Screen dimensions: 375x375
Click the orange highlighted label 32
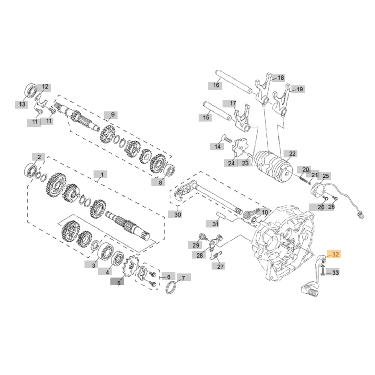[x=335, y=255]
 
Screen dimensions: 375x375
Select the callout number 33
[x=335, y=273]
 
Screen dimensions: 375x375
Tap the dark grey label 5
[x=119, y=283]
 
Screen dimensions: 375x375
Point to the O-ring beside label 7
[x=172, y=287]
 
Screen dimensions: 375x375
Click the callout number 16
[x=216, y=85]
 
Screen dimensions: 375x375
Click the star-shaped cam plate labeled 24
[x=239, y=149]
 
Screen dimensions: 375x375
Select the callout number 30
[x=177, y=215]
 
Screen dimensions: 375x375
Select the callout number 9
[x=112, y=115]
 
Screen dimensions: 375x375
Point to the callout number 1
[x=102, y=174]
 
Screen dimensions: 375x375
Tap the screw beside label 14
[x=226, y=139]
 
